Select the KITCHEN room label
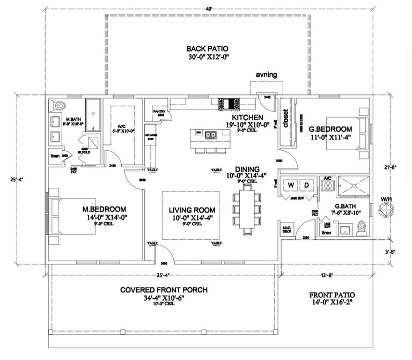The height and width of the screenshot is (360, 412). click(x=247, y=117)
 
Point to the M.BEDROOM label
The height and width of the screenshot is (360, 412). click(x=104, y=209)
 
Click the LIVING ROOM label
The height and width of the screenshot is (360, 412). click(x=192, y=210)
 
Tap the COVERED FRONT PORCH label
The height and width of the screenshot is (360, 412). click(x=164, y=290)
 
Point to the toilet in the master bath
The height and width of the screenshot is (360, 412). click(x=58, y=105)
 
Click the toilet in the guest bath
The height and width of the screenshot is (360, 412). click(x=362, y=230)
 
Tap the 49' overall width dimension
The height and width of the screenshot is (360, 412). click(x=206, y=8)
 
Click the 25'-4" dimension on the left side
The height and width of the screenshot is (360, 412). click(x=18, y=179)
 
